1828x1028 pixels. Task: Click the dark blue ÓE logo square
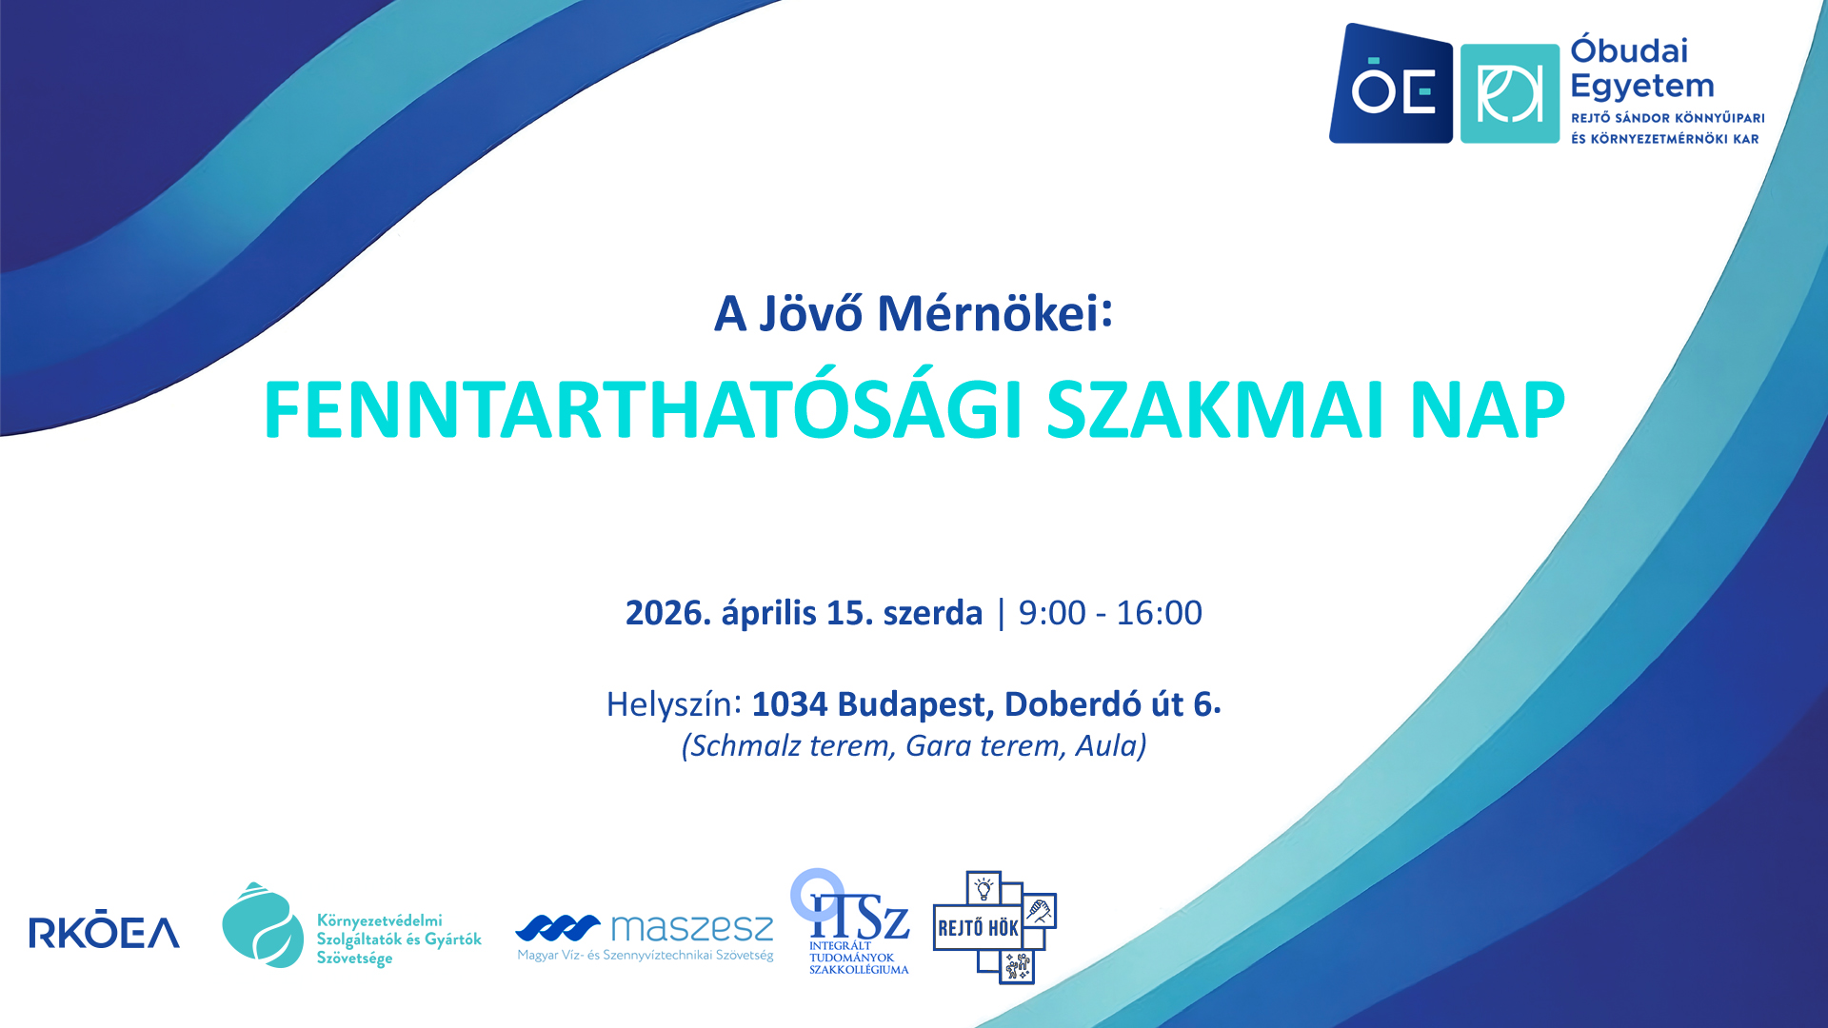1391,84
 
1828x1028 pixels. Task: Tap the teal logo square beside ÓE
1510,93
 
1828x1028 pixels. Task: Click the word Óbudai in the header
1629,50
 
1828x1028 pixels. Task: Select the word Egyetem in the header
1641,88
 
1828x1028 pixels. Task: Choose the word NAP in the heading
1487,410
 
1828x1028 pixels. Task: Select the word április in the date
768,613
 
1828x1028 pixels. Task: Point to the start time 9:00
1052,613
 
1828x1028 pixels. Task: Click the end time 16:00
1159,613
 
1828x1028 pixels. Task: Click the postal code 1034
790,704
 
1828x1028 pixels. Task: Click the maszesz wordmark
692,927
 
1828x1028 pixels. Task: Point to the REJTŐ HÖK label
978,928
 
